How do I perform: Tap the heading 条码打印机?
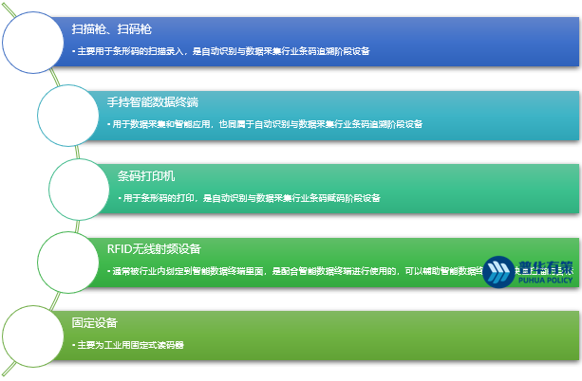tap(146, 175)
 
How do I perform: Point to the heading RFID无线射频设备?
tap(154, 249)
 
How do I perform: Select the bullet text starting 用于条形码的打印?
tap(252, 198)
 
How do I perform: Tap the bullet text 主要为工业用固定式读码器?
tap(132, 345)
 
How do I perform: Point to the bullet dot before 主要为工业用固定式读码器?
tap(74, 345)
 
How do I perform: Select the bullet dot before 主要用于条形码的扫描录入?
tap(74, 51)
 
